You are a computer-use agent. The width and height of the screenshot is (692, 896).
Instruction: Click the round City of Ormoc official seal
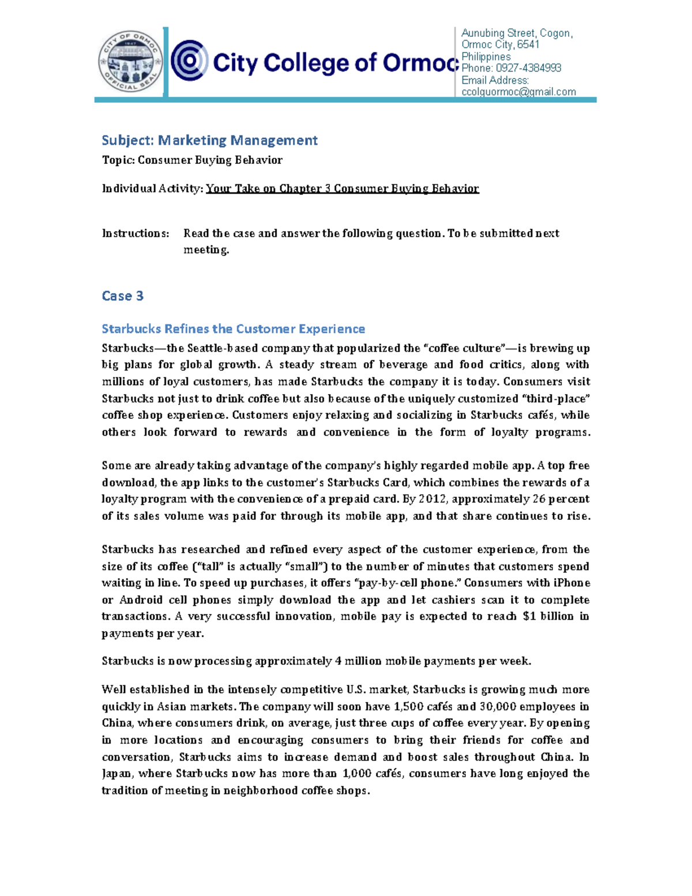(x=130, y=62)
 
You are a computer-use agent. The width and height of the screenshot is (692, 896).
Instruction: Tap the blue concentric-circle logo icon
(x=190, y=61)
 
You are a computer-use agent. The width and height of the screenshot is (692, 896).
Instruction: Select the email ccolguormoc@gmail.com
(x=518, y=92)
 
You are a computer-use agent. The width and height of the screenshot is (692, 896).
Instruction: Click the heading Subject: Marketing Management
(x=209, y=140)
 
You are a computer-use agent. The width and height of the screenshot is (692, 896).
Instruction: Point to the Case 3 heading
(x=122, y=296)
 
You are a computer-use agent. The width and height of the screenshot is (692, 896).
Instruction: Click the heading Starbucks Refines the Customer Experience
(x=233, y=329)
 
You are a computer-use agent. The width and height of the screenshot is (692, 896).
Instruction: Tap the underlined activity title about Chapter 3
(x=342, y=189)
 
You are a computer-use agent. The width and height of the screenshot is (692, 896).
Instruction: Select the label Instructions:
(x=136, y=234)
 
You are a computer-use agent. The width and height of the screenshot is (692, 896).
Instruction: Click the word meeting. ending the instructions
(x=206, y=250)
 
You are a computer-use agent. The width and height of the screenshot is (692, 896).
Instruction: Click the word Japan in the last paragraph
(x=117, y=774)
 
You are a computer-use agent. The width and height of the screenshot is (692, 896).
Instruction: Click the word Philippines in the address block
(x=486, y=57)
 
